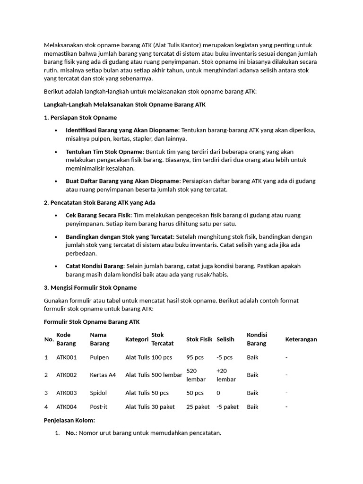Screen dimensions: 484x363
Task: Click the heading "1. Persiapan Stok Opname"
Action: (80, 117)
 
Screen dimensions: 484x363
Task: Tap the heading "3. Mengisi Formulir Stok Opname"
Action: (90, 287)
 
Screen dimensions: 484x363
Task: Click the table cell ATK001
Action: (66, 357)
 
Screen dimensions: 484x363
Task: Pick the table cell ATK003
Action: (66, 393)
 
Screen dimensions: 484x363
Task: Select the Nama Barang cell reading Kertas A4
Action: (103, 375)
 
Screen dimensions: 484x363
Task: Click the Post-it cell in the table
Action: (99, 406)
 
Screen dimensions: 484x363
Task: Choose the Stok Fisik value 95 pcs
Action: (195, 357)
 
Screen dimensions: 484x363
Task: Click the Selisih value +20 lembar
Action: (226, 375)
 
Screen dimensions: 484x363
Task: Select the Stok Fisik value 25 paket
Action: (198, 406)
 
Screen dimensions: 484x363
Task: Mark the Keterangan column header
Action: (301, 339)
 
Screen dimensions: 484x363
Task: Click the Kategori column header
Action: (137, 339)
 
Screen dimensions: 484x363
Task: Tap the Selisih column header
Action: (225, 339)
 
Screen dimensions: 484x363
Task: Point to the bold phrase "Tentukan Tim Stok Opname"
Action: (104, 151)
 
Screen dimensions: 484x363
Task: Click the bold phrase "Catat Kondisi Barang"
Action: (95, 266)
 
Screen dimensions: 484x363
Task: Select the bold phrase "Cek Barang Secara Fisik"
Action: (98, 215)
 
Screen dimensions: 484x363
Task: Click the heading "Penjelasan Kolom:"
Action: (69, 420)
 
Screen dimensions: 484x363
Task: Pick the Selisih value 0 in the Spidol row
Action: (218, 393)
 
